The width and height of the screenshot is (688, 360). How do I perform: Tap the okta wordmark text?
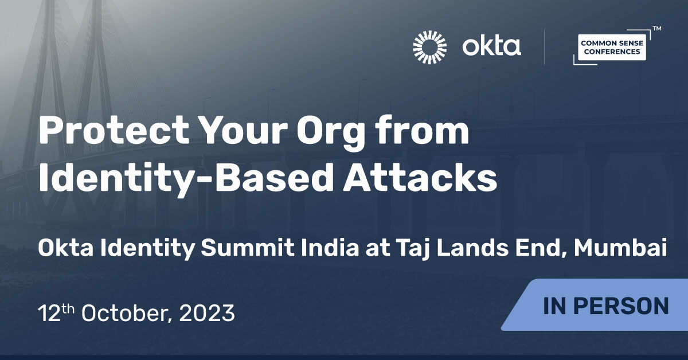point(492,46)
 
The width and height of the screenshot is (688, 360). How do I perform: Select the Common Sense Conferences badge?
point(610,48)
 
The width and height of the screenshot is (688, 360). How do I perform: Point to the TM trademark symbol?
point(656,28)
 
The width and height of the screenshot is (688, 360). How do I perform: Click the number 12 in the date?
point(49,314)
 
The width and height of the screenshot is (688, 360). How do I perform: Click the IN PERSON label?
point(605,306)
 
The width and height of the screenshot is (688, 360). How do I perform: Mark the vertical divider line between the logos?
point(544,46)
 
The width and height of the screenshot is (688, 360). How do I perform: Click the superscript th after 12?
point(68,308)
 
